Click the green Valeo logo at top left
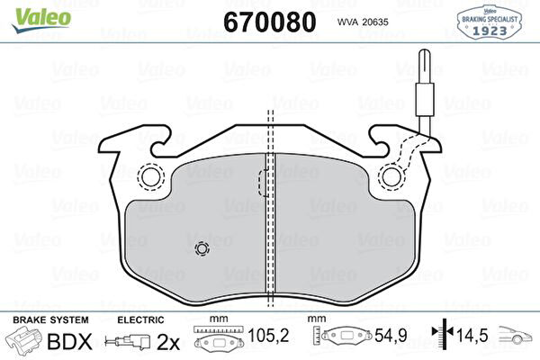click(x=41, y=20)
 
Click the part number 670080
click(x=270, y=22)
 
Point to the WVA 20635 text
click(x=363, y=22)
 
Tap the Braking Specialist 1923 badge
click(x=489, y=22)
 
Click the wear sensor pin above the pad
click(x=424, y=90)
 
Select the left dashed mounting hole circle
click(x=151, y=176)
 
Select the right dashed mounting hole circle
click(x=391, y=176)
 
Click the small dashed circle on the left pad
click(x=202, y=248)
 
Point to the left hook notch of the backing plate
click(x=161, y=141)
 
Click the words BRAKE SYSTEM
click(x=50, y=320)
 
